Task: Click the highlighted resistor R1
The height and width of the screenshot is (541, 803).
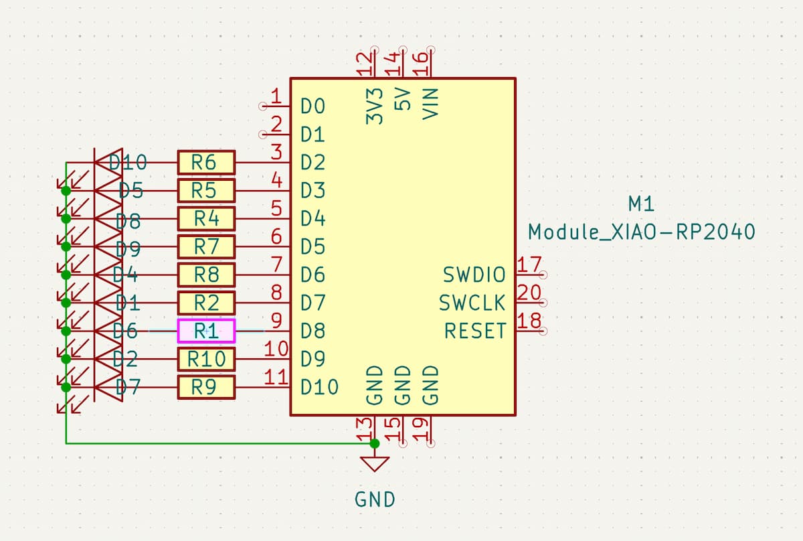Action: pos(206,331)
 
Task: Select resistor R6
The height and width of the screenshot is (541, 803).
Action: pos(206,162)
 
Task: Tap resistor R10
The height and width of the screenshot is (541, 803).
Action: pos(206,359)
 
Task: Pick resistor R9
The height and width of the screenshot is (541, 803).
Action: pos(206,387)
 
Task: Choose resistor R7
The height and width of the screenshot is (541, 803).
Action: pos(206,246)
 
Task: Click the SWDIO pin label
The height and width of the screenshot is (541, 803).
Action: pos(474,275)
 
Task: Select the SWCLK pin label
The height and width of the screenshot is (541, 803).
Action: pos(472,303)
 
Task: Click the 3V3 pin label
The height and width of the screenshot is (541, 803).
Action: pos(375,105)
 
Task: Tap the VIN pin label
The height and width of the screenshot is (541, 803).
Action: pos(431,104)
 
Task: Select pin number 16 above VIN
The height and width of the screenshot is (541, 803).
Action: pos(421,66)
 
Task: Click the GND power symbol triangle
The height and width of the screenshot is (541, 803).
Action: pos(375,464)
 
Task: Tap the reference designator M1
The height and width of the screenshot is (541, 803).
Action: pos(642,203)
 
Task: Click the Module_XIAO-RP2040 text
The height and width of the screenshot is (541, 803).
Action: pos(642,232)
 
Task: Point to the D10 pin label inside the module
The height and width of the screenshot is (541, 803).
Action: pos(320,387)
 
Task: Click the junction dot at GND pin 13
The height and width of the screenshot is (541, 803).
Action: pos(375,443)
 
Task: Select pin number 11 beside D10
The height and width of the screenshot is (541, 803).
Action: pos(276,377)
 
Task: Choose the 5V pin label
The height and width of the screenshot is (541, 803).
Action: pos(403,101)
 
